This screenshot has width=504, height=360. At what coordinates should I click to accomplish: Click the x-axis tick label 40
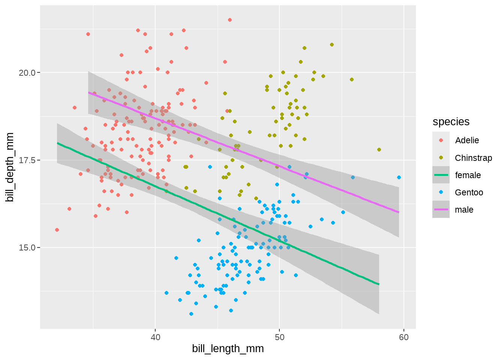[x=155, y=337]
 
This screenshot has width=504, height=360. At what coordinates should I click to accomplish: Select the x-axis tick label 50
[x=279, y=337]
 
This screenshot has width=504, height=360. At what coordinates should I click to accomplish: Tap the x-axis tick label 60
[x=404, y=337]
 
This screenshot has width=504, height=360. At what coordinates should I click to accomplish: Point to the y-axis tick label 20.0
[x=27, y=73]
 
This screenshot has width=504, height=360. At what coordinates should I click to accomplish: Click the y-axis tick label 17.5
[x=27, y=160]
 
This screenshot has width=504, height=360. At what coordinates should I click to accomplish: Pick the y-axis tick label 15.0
[x=27, y=248]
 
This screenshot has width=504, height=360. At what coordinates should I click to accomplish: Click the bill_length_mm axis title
[x=228, y=349]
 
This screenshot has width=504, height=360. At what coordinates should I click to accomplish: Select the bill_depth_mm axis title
[x=10, y=167]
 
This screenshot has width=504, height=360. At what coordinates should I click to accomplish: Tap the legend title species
[x=451, y=122]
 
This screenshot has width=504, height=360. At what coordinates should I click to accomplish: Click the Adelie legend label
[x=467, y=140]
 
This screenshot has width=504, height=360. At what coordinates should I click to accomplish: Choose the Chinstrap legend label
[x=473, y=158]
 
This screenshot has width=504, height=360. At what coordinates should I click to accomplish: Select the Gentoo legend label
[x=469, y=192]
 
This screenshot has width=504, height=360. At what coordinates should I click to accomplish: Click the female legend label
[x=468, y=175]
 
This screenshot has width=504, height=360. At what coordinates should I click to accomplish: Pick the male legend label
[x=464, y=210]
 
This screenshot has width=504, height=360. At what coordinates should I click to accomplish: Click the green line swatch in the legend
[x=441, y=175]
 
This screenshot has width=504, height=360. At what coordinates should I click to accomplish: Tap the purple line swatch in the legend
[x=441, y=210]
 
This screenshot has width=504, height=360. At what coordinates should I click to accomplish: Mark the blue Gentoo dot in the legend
[x=441, y=192]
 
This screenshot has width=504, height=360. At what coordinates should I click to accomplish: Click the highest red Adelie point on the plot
[x=230, y=20]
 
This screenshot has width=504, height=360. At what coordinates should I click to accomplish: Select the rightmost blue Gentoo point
[x=399, y=177]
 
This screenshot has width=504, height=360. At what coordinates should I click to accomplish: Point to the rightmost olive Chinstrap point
[x=379, y=150]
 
